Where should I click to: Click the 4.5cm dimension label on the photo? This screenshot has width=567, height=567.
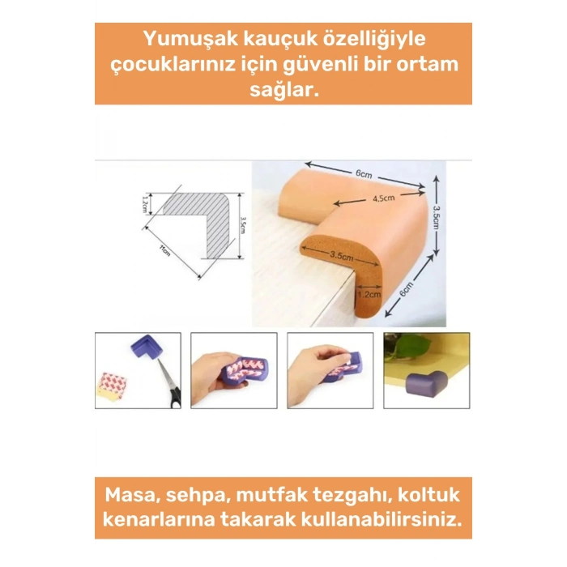tap(382, 198)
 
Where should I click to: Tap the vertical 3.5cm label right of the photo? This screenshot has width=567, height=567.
tap(437, 216)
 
